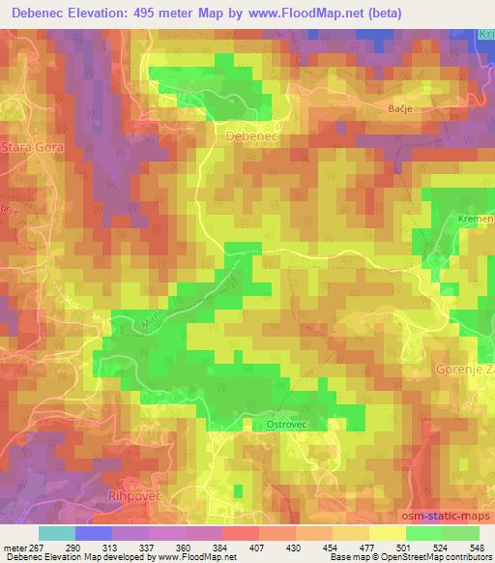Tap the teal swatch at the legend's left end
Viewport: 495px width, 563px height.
click(57, 534)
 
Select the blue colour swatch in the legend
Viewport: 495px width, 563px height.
click(94, 534)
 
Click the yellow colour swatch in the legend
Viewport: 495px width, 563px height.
click(387, 534)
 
